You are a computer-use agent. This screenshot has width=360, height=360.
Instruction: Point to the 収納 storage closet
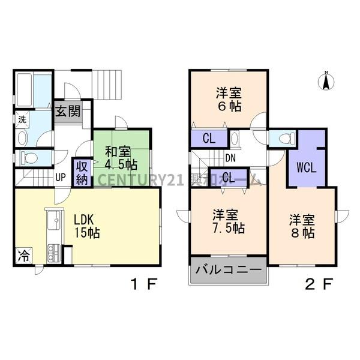[x=82, y=172]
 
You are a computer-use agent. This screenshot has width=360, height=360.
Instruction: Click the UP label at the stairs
[x=61, y=177]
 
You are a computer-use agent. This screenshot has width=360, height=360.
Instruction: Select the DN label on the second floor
[x=230, y=158]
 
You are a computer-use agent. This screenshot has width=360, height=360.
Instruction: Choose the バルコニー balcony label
[x=228, y=271]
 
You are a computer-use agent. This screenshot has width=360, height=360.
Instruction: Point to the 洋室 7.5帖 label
[x=227, y=221]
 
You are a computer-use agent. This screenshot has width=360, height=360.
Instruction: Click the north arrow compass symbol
[x=326, y=80]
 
